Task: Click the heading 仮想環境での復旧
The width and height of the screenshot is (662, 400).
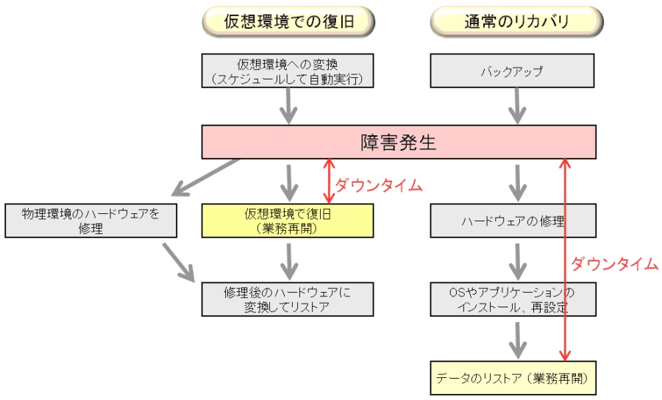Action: (288, 22)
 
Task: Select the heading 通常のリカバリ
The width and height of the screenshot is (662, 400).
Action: (516, 22)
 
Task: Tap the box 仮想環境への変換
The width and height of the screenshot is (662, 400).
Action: (288, 71)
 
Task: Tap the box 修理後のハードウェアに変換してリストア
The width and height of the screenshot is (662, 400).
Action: (288, 299)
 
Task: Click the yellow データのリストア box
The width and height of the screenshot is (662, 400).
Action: (513, 377)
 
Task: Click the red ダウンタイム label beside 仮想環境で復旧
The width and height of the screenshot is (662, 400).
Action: (379, 185)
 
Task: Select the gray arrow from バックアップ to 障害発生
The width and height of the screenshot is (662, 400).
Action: (516, 106)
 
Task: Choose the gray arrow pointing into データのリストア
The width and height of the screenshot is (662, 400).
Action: (516, 340)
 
